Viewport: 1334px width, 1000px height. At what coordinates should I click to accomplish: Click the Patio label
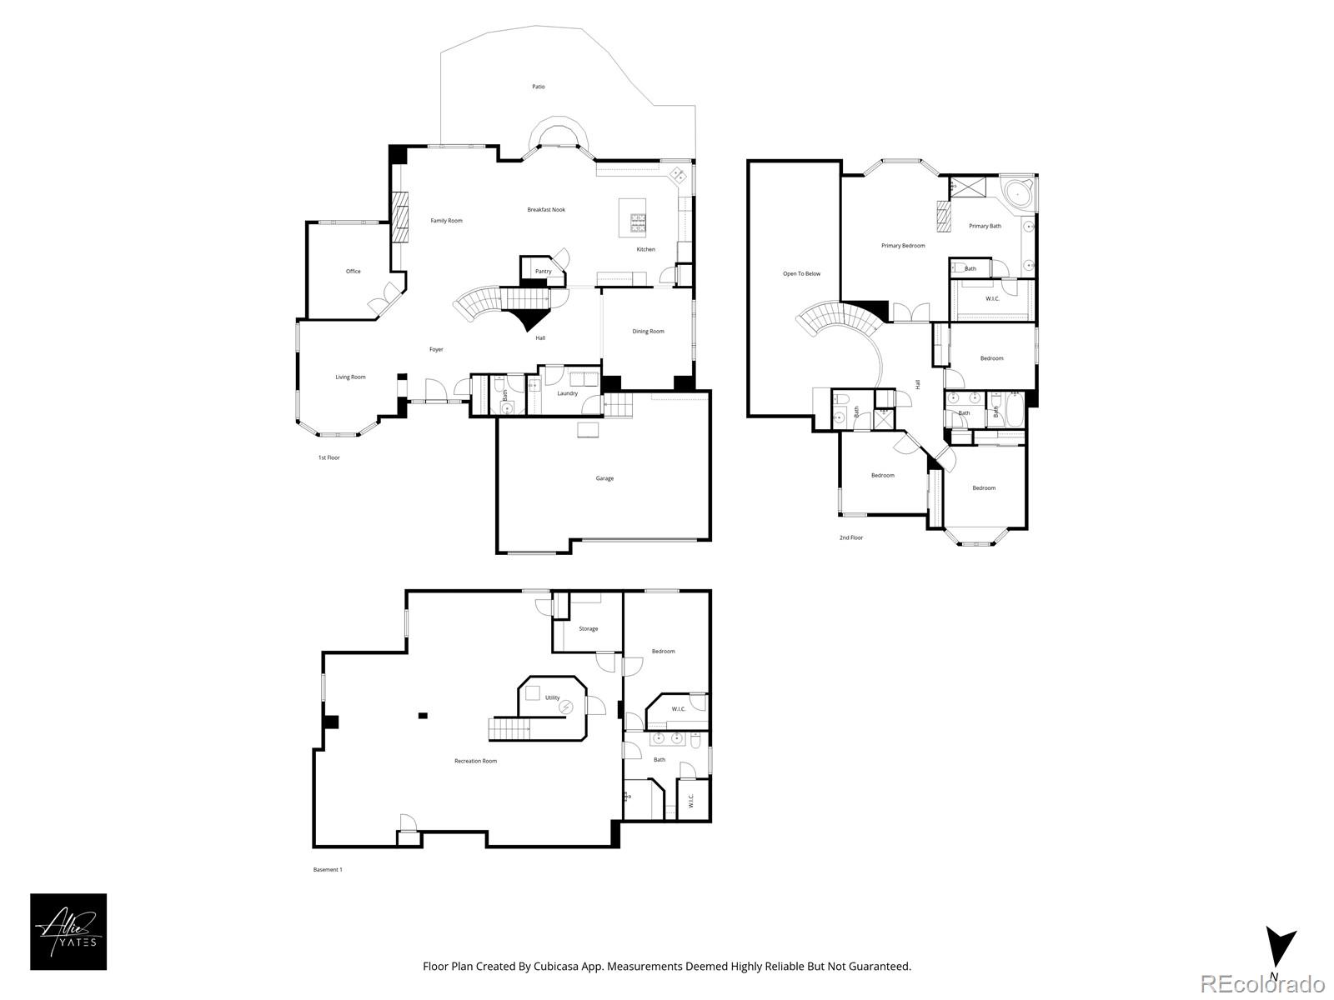539,87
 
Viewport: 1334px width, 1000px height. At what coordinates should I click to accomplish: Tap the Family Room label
446,221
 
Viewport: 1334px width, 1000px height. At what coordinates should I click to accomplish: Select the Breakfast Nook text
546,210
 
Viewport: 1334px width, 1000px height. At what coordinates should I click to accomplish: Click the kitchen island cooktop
638,222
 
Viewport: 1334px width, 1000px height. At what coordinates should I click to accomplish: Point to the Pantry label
543,272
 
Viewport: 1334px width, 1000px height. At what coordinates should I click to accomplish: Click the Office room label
354,272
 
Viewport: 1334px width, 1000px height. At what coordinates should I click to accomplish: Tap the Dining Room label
648,332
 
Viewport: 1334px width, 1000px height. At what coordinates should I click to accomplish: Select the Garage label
604,478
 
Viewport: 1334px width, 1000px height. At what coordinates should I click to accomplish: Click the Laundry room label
567,393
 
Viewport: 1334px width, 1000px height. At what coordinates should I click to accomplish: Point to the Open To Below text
801,273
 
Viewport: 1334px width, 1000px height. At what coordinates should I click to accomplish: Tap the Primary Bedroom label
903,246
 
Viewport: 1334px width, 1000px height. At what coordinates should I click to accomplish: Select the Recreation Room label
475,761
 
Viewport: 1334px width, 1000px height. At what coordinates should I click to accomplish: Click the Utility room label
553,697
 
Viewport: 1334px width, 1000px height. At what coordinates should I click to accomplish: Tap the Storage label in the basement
588,629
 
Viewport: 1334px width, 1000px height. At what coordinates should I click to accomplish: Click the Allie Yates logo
68,932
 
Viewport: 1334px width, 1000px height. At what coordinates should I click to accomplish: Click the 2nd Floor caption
850,537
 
